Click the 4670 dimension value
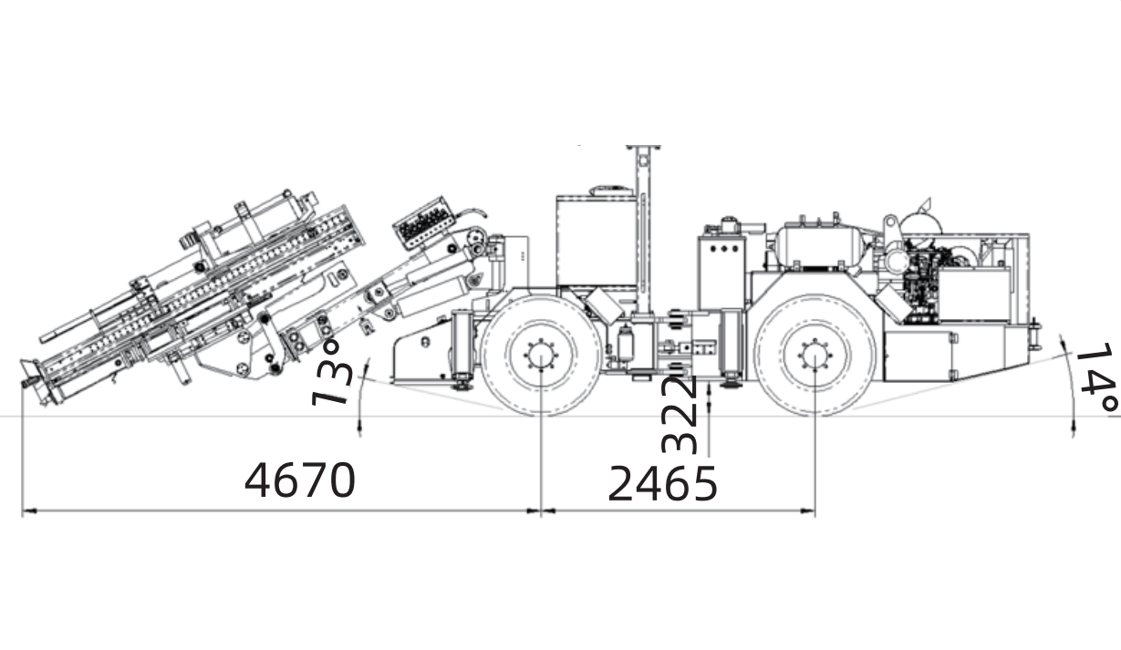tap(300, 480)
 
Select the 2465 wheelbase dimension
tap(662, 483)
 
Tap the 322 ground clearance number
tap(680, 414)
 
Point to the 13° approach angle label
tap(332, 373)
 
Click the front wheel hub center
tap(541, 356)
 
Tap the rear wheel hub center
tap(815, 356)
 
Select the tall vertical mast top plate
tap(643, 148)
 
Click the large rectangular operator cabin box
tap(597, 240)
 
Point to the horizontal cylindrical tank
tap(820, 246)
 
